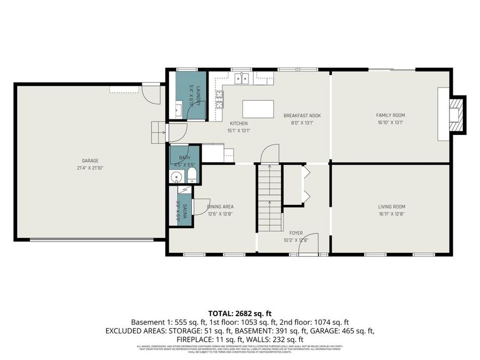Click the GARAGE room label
tap(90, 161)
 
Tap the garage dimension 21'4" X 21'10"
tap(90, 167)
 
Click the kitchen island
tap(258, 109)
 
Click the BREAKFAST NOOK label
tap(302, 115)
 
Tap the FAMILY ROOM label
tap(390, 115)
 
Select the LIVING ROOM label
tap(391, 207)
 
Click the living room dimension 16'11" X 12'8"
tap(391, 214)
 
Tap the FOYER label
tap(296, 233)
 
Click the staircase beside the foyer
tap(269, 198)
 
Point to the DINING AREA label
tap(221, 207)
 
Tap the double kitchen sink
tap(242, 79)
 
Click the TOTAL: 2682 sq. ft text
tap(239, 313)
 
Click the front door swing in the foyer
tap(309, 243)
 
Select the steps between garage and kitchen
tap(158, 132)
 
